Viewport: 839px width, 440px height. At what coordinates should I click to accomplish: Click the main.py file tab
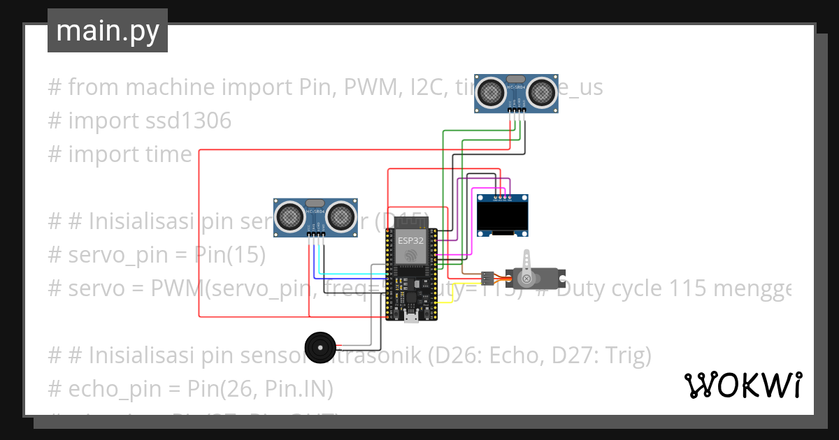point(107,31)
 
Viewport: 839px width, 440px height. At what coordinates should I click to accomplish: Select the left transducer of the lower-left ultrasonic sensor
point(289,216)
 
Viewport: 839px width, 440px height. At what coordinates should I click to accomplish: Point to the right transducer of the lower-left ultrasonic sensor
point(339,216)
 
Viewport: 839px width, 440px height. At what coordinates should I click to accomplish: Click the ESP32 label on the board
point(410,240)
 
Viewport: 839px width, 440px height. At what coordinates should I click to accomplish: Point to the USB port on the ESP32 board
point(412,318)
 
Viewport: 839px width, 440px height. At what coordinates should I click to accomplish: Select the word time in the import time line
point(168,154)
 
